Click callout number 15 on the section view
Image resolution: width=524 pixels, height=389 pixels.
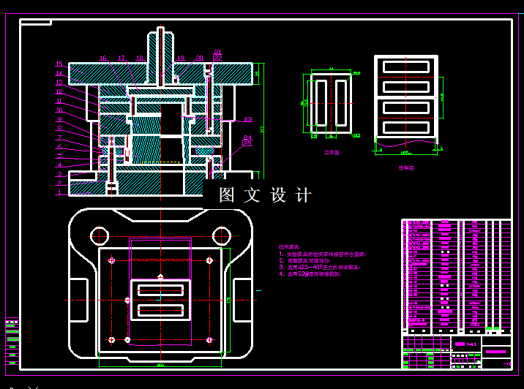[59, 64]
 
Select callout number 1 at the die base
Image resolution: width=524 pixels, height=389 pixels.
[59, 193]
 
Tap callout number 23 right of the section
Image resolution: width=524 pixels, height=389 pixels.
[248, 119]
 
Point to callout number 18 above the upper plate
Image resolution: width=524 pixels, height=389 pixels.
[140, 58]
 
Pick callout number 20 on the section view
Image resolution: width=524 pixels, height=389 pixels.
[199, 58]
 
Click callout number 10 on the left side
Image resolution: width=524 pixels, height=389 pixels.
[59, 110]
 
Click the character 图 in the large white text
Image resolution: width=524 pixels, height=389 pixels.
[227, 195]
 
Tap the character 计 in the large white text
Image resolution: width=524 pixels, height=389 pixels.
[304, 195]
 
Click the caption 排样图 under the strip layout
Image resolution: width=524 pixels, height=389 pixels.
[406, 167]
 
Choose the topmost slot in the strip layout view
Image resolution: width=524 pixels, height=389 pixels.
[405, 67]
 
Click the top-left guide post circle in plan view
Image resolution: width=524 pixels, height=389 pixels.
[98, 235]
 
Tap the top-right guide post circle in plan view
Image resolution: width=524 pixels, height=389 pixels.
[221, 235]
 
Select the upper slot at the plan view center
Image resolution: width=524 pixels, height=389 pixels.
[160, 290]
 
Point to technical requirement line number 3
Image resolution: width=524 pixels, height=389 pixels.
[322, 268]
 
